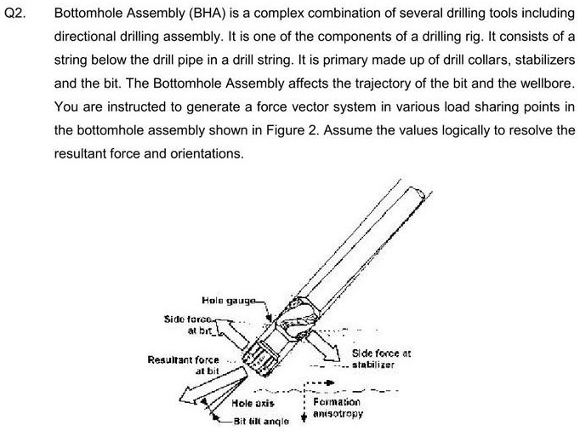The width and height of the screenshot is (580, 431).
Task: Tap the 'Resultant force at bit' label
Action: pyautogui.click(x=184, y=365)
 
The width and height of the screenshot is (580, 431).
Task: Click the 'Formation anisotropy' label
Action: pyautogui.click(x=337, y=407)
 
